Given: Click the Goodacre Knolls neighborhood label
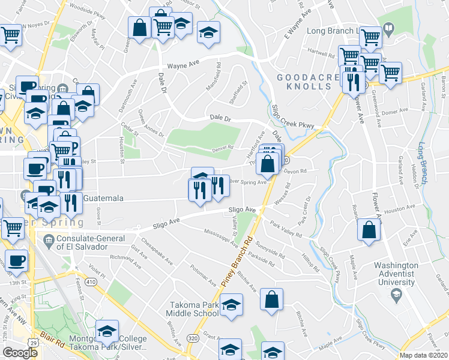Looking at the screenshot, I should point(304,82).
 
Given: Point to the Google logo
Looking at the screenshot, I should point(20,353).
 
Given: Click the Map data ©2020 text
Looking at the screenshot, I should point(423,355).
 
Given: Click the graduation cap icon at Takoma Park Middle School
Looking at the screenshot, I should point(231,305).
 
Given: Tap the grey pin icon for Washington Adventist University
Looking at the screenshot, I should point(396,294).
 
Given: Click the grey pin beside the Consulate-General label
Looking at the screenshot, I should point(48,242).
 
